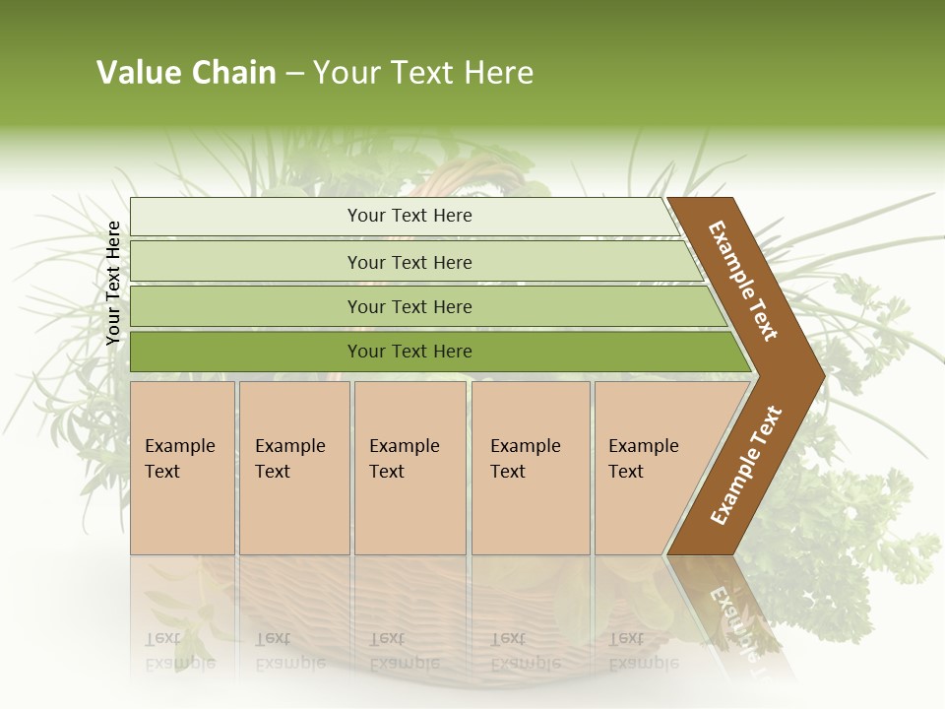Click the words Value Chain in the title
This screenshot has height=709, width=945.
pos(186,73)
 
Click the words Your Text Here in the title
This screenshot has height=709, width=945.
pos(423,73)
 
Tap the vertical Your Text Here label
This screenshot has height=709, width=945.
pos(113,283)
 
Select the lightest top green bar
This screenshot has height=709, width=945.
pos(246,217)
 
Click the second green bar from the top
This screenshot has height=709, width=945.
pos(246,262)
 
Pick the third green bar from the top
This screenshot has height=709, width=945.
pos(246,306)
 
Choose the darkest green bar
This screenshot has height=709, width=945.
pos(246,352)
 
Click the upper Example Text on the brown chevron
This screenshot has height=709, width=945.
pos(743,281)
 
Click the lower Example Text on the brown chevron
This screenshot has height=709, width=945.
pos(746,465)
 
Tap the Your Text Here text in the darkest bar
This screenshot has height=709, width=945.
pos(409,352)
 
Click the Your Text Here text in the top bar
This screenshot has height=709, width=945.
pos(409,216)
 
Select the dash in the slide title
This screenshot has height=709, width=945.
pos(294,74)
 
